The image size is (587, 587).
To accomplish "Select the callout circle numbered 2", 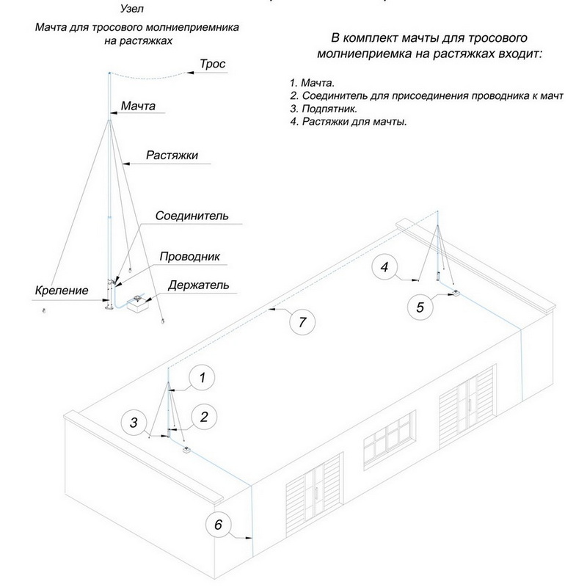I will point(205,418).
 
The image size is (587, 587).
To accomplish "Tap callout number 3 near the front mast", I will point(134,422).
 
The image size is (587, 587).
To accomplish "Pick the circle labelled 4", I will point(384,268).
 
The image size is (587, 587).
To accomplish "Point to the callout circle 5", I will point(420,307).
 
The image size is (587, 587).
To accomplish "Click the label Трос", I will point(213,65).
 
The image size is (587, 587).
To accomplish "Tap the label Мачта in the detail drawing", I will point(138,106).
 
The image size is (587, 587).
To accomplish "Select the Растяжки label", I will point(172,156).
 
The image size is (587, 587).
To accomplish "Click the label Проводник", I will point(190,257).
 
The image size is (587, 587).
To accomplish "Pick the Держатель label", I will point(198,285).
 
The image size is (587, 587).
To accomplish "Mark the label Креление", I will point(62,291).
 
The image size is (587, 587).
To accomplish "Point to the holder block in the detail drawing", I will point(137,305).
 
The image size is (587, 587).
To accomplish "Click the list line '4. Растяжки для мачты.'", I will point(349,121).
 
